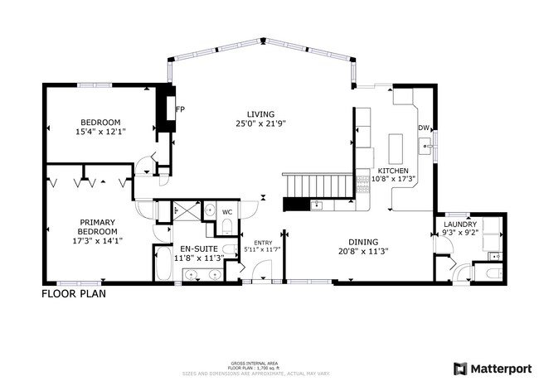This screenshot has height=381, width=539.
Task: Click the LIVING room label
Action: (260, 114)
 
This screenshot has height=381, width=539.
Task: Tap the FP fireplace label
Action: (179, 109)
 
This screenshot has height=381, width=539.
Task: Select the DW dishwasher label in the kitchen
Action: (423, 128)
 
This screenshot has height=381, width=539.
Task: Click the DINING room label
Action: (363, 242)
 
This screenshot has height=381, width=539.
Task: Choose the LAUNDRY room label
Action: (459, 224)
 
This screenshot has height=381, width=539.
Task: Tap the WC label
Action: (226, 212)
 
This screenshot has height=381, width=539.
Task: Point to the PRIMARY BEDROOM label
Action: (98, 226)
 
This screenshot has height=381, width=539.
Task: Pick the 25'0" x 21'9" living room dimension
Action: (260, 124)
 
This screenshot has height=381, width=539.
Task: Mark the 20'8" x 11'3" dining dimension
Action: (363, 252)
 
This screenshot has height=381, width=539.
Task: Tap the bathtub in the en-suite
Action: (163, 265)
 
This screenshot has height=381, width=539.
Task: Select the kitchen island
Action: (394, 150)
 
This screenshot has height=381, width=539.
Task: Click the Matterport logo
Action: (492, 367)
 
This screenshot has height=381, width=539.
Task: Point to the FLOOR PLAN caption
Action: (74, 292)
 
